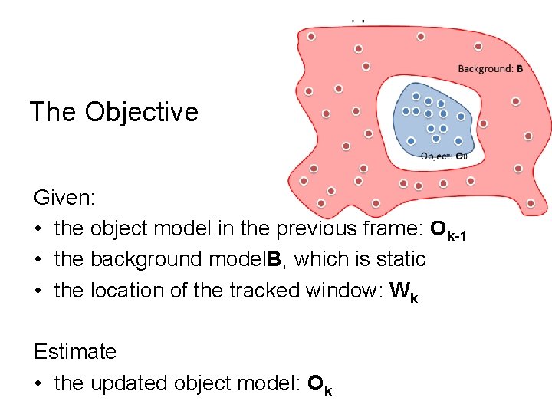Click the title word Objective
point(142,112)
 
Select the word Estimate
point(75,352)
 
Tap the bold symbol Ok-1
point(449,229)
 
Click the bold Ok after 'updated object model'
point(320,383)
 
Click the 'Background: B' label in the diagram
point(490,68)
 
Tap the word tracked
point(260,291)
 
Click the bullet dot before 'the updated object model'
point(40,383)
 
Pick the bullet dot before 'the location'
point(40,291)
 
